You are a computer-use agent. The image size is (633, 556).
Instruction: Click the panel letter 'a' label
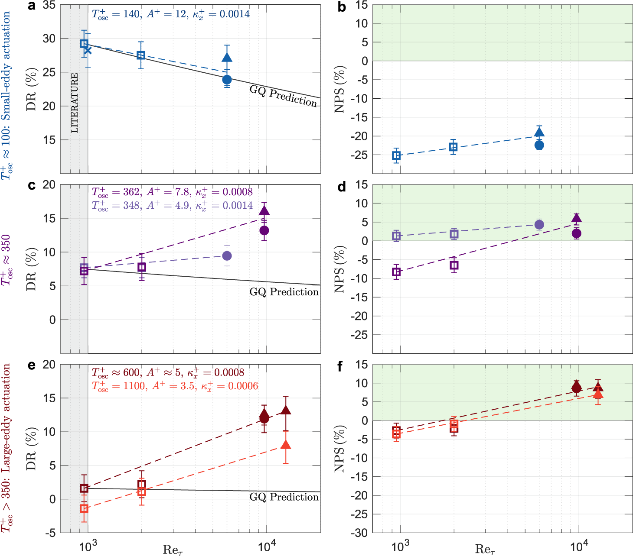pos(31,6)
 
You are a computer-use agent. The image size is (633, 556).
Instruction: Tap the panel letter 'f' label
pos(340,366)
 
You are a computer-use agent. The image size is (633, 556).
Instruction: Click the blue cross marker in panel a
pos(88,50)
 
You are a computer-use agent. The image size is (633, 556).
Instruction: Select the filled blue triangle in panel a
pos(227,58)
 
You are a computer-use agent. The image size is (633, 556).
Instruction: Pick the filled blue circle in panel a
pos(227,80)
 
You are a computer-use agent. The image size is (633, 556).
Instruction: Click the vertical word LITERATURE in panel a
pos(75,103)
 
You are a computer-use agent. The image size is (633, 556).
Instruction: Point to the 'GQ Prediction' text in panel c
pos(284,292)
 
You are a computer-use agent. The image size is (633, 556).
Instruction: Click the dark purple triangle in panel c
pos(264,211)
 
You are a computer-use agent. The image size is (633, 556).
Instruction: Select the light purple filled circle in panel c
pos(227,256)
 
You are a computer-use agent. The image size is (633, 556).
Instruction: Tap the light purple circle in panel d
pos(539,224)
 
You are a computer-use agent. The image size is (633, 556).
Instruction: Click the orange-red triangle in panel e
pos(286,445)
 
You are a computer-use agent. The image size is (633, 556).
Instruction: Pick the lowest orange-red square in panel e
pos(84,508)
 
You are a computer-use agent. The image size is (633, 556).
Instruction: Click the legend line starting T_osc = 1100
pos(175,386)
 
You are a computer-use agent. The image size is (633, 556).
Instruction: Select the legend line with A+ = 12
pos(170,14)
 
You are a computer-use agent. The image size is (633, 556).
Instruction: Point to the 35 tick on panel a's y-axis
pos(49,6)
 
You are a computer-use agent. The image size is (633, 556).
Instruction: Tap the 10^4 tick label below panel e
pos(267,547)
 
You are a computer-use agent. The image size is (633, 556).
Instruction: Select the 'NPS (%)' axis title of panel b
pos(340,89)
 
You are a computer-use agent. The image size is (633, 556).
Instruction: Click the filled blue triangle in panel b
pos(539,132)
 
